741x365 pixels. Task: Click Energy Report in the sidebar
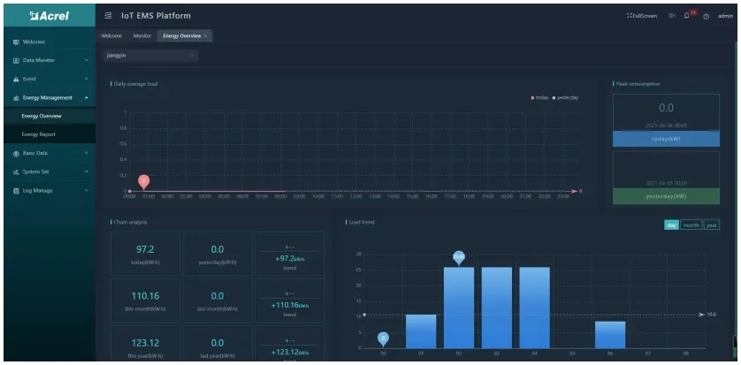pos(39,134)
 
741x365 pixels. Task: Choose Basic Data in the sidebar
pos(35,153)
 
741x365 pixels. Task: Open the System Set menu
pos(36,171)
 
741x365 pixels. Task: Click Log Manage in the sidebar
pos(36,190)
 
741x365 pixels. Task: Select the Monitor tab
pos(142,35)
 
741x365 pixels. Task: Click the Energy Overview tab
pos(182,35)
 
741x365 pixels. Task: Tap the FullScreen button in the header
pos(644,16)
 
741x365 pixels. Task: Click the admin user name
pos(725,16)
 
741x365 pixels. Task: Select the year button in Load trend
pos(711,225)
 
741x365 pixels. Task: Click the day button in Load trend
pos(672,225)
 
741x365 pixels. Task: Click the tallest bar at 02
pos(459,306)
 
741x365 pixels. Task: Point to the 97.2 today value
pos(144,250)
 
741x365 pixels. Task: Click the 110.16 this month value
pos(144,296)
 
